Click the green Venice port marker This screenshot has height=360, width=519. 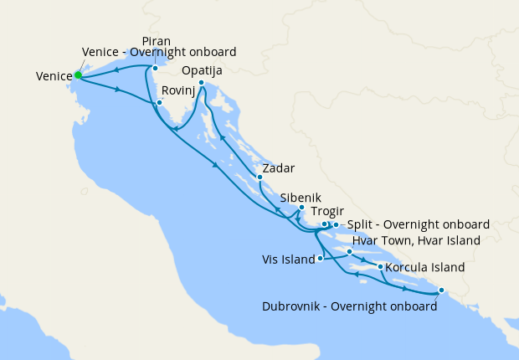[78, 75]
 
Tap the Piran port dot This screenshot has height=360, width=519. [155, 68]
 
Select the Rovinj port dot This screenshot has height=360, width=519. [158, 103]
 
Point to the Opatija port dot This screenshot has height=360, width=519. [202, 82]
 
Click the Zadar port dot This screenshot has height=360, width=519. [259, 177]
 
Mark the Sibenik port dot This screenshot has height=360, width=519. [301, 207]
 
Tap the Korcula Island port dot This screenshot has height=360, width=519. [381, 267]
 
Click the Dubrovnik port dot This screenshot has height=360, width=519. [441, 292]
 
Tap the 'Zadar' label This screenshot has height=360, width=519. [277, 168]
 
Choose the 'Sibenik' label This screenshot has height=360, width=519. [301, 198]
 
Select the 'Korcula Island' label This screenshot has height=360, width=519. [425, 268]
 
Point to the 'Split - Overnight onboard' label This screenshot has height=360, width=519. [418, 224]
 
